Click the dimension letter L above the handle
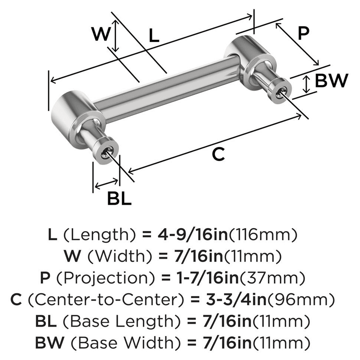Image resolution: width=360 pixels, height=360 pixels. (154, 36)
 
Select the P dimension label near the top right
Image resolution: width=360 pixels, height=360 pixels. (303, 33)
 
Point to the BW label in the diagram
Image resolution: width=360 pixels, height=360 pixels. (331, 81)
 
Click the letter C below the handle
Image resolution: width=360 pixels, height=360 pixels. (219, 154)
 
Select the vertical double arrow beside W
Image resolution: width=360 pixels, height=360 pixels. (115, 35)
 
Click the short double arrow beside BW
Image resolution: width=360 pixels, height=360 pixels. (306, 84)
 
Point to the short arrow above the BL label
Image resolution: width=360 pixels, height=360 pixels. (106, 184)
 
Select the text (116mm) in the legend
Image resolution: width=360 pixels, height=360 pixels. (263, 235)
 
